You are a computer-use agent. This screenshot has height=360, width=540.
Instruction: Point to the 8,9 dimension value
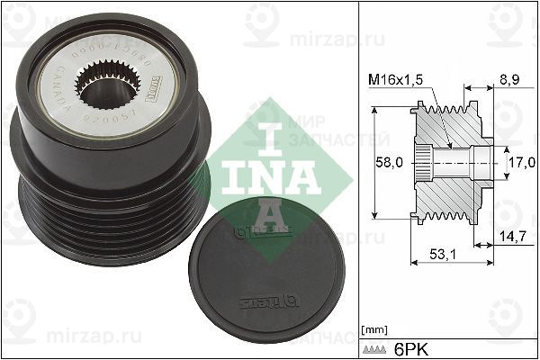(x=509, y=80)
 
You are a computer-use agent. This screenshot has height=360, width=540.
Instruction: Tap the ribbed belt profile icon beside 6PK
(x=377, y=347)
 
